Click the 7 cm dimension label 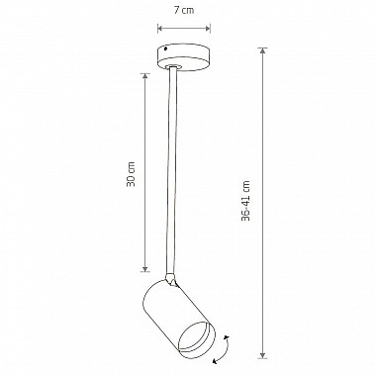184,10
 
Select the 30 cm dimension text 131,174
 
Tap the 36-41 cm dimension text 245,200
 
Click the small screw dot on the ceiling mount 165,49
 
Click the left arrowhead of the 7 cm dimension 160,29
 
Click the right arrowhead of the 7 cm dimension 208,29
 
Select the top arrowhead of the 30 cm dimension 145,76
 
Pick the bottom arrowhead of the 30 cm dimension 145,269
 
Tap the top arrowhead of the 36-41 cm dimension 262,50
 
